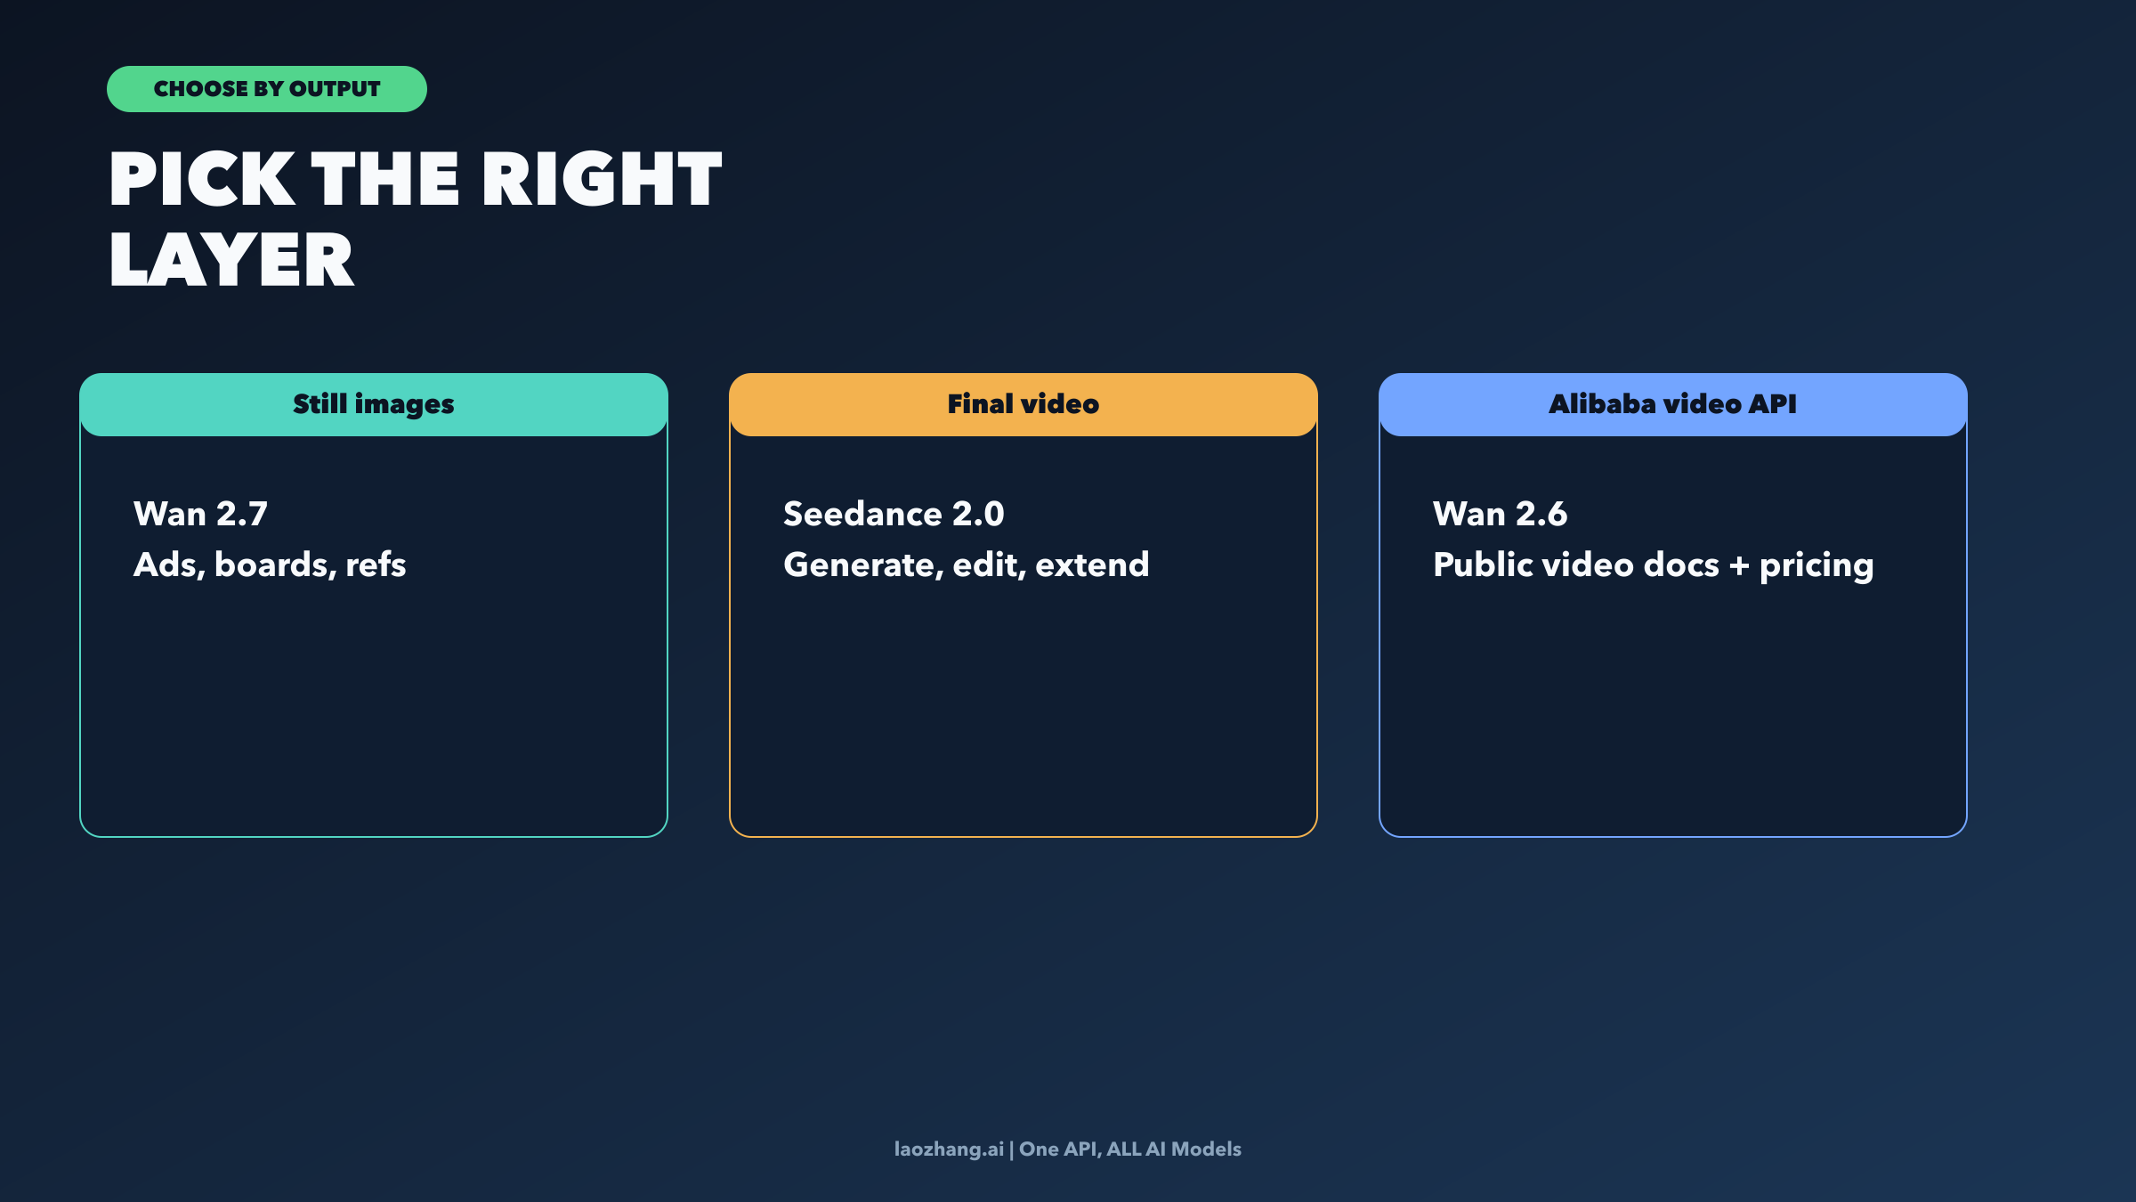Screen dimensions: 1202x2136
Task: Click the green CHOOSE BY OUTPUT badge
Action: [x=266, y=89]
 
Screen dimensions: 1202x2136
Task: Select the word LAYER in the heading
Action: [x=231, y=260]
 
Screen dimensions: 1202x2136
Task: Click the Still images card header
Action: [x=374, y=404]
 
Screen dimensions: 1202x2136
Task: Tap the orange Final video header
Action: [x=1023, y=404]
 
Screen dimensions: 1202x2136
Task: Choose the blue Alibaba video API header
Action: [x=1672, y=404]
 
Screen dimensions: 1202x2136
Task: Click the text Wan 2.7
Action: [x=200, y=514]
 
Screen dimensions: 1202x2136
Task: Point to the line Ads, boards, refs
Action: [x=270, y=564]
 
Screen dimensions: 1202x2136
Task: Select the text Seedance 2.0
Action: [x=894, y=514]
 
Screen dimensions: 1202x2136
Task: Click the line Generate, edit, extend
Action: [x=966, y=564]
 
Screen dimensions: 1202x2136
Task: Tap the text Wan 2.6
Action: [x=1500, y=514]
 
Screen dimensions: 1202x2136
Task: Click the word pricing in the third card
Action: [x=1816, y=566]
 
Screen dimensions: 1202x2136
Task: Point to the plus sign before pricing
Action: [x=1739, y=565]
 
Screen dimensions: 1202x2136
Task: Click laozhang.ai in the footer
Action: [x=949, y=1149]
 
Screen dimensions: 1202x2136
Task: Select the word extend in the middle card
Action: [x=1092, y=564]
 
